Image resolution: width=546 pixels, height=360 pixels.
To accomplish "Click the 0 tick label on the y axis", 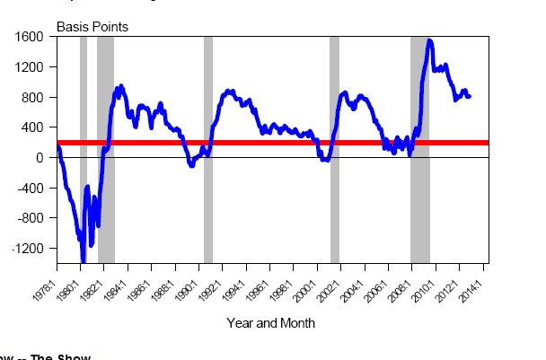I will [x=40, y=158].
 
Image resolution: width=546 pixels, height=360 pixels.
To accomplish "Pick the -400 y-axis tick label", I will [x=31, y=188].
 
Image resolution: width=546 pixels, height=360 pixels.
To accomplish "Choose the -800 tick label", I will [x=31, y=218].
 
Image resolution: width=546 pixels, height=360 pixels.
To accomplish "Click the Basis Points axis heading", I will [x=92, y=26].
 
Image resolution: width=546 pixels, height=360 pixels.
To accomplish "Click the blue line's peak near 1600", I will [x=430, y=40].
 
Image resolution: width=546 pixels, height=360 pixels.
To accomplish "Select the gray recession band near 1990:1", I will [x=208, y=148].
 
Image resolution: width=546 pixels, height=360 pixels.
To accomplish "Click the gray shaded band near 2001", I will [x=334, y=148].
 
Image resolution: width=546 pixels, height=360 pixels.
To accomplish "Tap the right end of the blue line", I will [x=470, y=96].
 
